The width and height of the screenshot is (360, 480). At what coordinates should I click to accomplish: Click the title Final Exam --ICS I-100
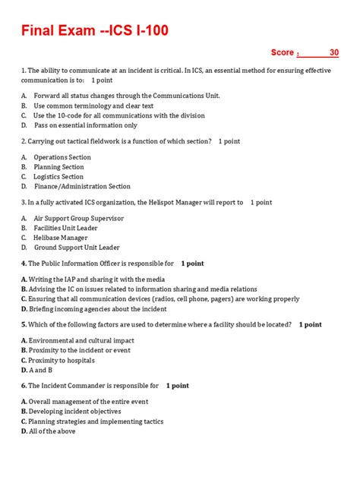94,31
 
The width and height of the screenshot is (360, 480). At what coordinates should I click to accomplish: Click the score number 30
334,52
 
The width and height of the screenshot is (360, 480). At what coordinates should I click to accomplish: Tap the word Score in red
283,52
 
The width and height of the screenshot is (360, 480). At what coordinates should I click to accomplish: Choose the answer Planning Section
58,167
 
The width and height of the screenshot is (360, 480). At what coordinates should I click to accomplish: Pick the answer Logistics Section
58,177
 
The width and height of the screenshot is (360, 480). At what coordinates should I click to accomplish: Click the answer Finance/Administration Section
82,187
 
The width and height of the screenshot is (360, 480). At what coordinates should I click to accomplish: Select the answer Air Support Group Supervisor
78,218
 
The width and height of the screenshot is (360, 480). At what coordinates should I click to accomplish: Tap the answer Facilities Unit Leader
65,228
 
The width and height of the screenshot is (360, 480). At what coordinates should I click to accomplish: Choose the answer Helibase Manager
61,238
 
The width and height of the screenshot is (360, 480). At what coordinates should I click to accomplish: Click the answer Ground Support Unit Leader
77,248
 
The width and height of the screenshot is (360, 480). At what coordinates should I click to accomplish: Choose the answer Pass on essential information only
86,125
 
